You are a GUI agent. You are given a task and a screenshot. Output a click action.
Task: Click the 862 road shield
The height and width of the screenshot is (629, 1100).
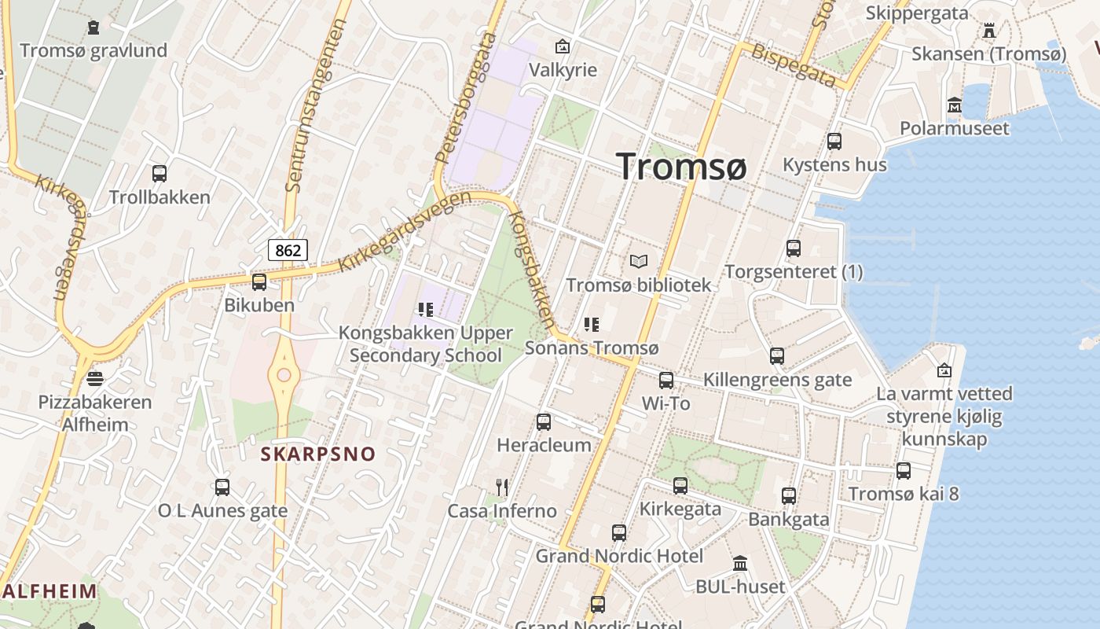point(288,251)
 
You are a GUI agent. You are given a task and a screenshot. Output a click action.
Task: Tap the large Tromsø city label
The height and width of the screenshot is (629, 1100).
point(681,167)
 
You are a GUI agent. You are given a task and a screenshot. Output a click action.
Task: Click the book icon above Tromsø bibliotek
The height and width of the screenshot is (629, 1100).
point(640,262)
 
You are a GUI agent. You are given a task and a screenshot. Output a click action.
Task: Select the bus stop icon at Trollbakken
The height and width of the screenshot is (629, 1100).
point(159,174)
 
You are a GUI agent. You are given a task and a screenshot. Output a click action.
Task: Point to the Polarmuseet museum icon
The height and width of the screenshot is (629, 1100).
point(955,105)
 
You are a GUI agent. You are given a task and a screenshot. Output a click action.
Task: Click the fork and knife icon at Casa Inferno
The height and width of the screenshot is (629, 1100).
point(502,487)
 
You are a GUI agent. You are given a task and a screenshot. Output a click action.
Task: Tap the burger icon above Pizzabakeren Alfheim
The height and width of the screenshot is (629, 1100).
point(95,379)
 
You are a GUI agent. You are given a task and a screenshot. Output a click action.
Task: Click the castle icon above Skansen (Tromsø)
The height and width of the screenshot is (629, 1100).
point(989,31)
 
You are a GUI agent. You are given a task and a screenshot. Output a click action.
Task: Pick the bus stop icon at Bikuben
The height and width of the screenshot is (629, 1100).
point(258,281)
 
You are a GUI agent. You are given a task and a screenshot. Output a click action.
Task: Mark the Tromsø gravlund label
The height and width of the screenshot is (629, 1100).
point(93,51)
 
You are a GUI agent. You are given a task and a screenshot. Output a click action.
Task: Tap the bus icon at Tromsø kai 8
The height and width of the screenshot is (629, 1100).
point(904,471)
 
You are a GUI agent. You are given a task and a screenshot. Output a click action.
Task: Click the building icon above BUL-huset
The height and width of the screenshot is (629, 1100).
point(740,563)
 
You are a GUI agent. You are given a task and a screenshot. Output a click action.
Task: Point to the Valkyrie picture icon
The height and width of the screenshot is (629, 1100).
point(563,46)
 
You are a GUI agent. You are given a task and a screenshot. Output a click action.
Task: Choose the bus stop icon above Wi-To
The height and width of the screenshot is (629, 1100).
point(666,381)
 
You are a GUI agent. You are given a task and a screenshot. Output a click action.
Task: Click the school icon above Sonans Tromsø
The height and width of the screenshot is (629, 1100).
point(592,324)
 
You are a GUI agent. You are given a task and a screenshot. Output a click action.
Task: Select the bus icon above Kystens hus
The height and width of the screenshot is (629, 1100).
point(834,142)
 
